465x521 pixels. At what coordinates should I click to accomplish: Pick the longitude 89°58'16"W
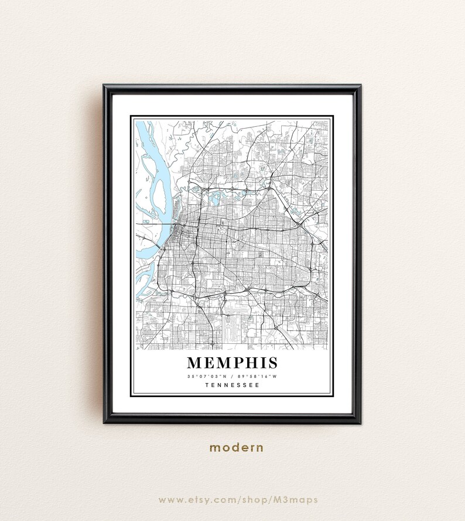(x=256, y=375)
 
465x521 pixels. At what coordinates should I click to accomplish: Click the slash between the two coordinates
(x=232, y=375)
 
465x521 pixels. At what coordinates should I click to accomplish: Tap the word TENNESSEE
(x=232, y=385)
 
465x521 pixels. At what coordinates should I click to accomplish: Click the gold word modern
(x=237, y=448)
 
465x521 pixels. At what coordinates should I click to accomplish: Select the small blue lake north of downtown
(x=212, y=197)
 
